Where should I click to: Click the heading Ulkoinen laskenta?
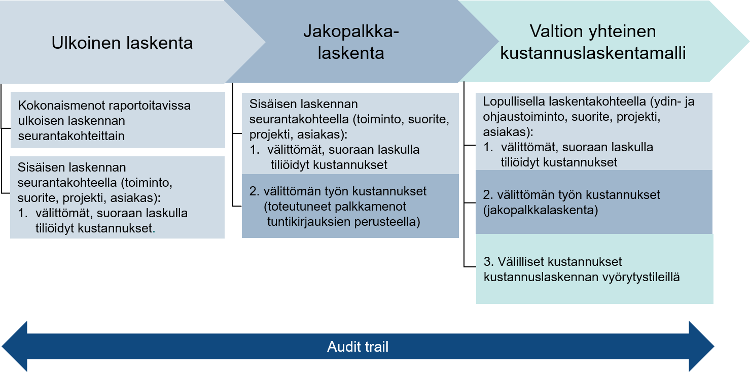(122, 43)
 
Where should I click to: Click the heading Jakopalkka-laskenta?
(351, 42)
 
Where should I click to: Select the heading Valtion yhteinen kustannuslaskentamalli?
(593, 42)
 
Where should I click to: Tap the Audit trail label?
(358, 347)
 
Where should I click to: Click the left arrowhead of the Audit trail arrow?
(15, 347)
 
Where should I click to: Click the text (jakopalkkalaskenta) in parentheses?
(541, 210)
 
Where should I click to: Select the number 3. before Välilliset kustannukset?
(488, 262)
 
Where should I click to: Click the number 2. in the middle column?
(254, 191)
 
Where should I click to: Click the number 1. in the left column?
(22, 213)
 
